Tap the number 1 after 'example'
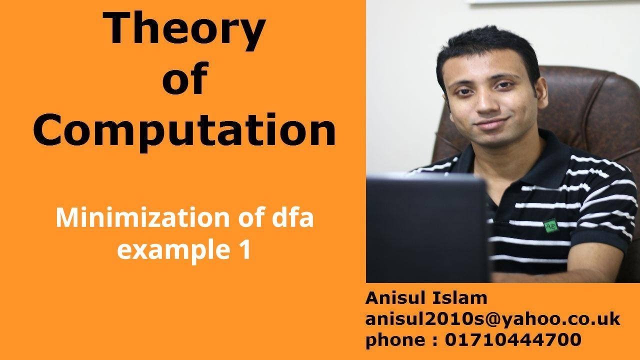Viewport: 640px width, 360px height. coord(243,249)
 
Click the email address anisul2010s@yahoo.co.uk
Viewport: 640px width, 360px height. coord(492,319)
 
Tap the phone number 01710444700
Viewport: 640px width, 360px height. coord(512,339)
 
